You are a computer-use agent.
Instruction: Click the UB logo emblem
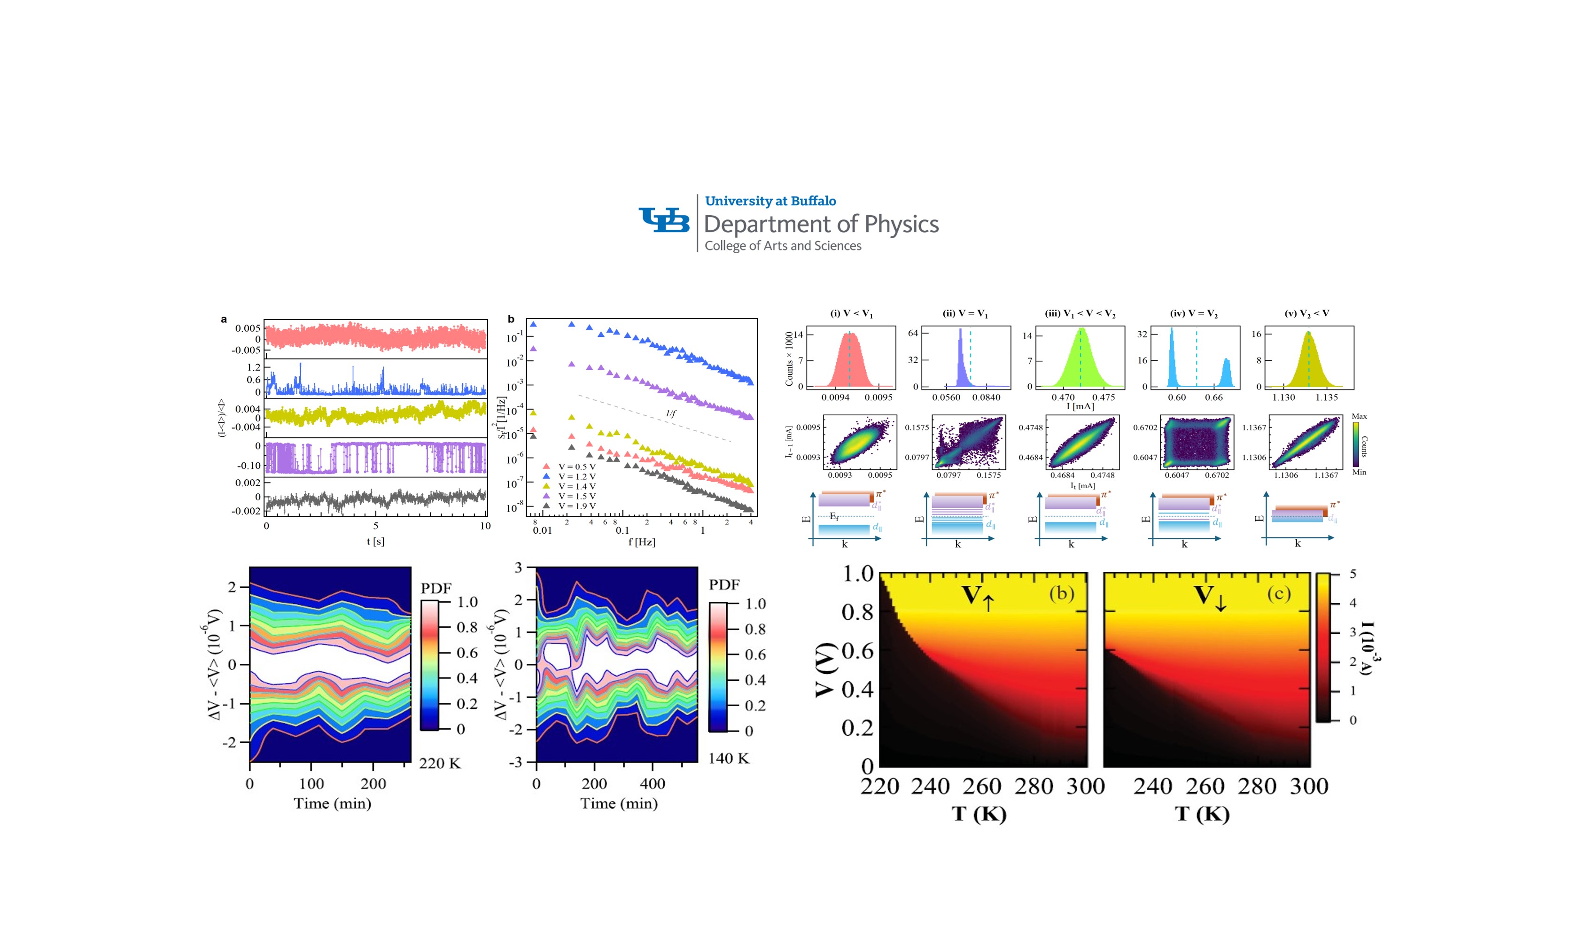pos(664,220)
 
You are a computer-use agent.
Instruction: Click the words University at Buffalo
pos(770,201)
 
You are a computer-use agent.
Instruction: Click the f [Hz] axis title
pos(642,542)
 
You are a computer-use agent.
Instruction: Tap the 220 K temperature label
pos(440,763)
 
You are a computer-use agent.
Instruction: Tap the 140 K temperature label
pos(728,758)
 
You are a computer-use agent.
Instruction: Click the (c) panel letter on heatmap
pos(1279,593)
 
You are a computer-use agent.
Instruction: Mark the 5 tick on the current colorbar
pos(1353,574)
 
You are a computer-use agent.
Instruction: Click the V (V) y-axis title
pos(826,669)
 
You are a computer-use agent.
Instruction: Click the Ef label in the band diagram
pos(834,516)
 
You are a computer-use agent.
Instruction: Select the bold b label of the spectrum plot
pos(511,319)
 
